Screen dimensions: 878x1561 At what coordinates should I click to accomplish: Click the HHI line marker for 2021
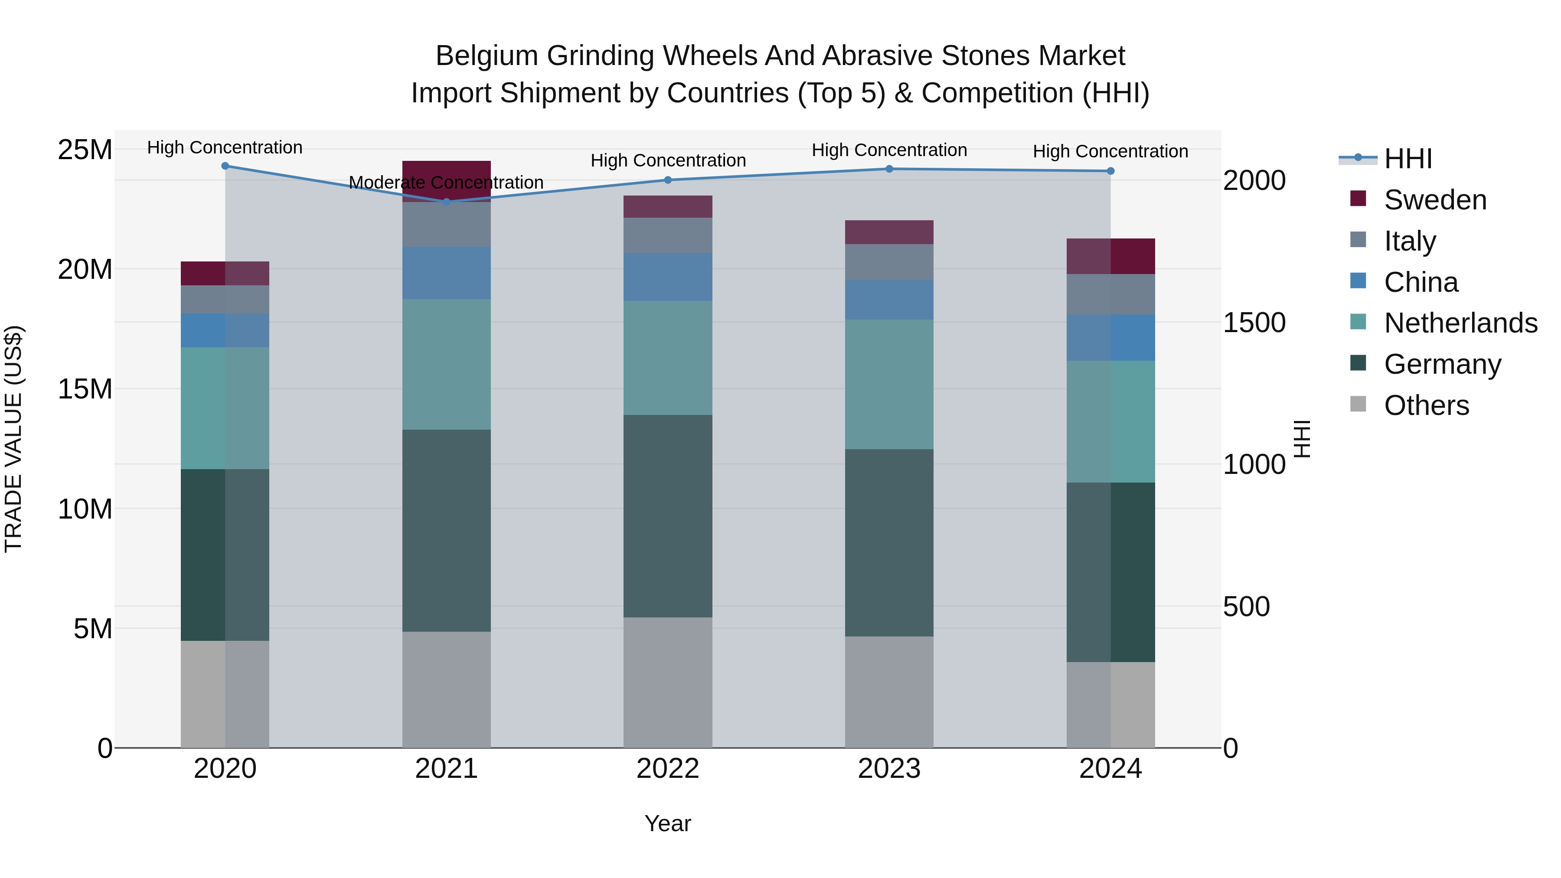click(x=447, y=202)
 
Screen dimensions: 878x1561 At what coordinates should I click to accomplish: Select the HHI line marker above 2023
click(x=889, y=169)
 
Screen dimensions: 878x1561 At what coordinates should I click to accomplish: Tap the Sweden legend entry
click(x=1435, y=200)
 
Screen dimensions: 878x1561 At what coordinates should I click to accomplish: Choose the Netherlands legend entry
click(x=1460, y=323)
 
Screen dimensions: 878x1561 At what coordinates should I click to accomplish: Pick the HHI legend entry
click(x=1408, y=159)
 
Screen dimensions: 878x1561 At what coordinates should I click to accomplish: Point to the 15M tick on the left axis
click(x=85, y=389)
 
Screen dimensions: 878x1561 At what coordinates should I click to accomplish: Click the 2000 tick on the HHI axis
click(x=1254, y=180)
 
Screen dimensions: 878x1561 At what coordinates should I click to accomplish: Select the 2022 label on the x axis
click(x=668, y=769)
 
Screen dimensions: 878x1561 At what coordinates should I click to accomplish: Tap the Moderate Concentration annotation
click(x=446, y=183)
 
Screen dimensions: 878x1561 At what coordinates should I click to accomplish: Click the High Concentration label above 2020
click(x=225, y=147)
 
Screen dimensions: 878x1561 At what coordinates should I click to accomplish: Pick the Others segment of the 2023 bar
click(x=889, y=692)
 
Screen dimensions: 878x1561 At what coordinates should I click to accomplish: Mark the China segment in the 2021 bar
click(x=447, y=273)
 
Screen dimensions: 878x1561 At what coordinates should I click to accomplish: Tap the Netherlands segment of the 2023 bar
click(x=889, y=384)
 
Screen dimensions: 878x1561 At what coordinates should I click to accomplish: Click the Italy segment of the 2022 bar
click(x=668, y=235)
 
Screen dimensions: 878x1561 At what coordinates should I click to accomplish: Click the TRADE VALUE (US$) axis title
click(x=13, y=439)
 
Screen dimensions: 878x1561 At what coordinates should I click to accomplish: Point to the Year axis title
click(x=668, y=823)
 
